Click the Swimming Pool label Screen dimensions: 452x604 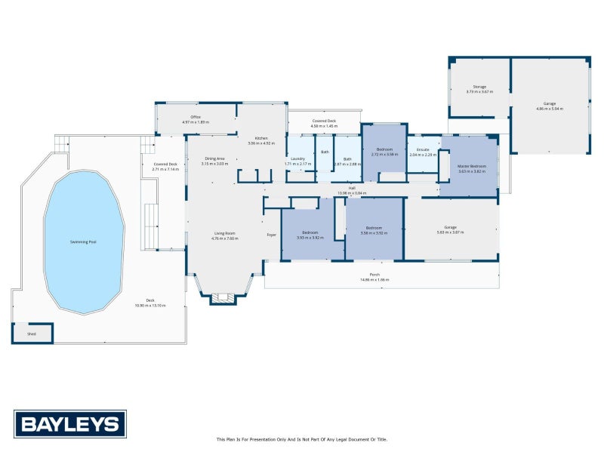[83, 241]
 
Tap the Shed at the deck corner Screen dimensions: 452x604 [32, 332]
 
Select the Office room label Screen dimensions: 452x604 [196, 117]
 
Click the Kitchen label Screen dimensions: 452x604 [261, 138]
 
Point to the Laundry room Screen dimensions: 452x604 [299, 159]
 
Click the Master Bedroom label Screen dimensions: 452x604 [472, 166]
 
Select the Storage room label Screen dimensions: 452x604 [479, 87]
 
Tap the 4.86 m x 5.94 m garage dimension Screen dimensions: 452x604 [550, 109]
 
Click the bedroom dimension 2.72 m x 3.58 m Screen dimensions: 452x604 [385, 154]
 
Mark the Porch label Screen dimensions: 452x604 [374, 275]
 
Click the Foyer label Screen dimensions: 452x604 [272, 235]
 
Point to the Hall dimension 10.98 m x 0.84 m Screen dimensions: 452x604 [352, 193]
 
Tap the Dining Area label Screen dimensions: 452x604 [215, 158]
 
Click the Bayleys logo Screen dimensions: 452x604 [69, 423]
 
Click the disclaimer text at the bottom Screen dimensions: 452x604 [301, 439]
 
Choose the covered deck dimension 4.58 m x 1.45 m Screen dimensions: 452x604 [325, 125]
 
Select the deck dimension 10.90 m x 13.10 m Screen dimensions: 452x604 [149, 305]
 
